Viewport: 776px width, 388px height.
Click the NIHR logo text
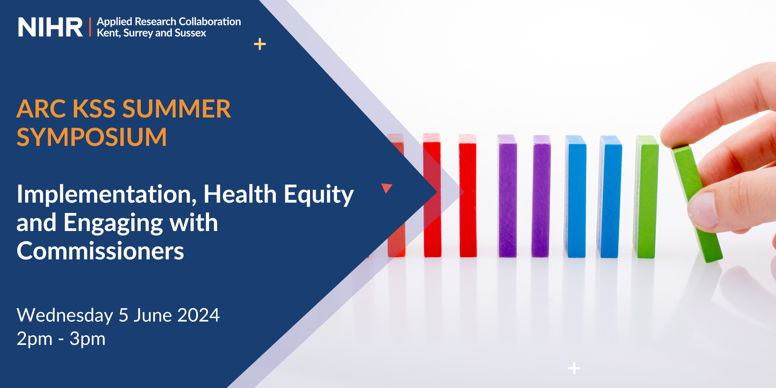click(x=50, y=27)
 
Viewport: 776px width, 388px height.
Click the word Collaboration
click(x=210, y=22)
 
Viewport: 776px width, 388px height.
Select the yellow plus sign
click(x=260, y=44)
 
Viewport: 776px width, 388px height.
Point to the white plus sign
click(x=574, y=368)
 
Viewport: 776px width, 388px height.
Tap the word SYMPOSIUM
click(x=92, y=137)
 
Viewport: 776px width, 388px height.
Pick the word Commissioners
click(x=100, y=251)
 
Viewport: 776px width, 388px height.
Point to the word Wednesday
click(x=65, y=315)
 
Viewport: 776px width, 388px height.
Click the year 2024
click(x=198, y=315)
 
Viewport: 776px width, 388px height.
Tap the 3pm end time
click(x=87, y=339)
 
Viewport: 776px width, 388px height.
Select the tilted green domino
click(x=697, y=203)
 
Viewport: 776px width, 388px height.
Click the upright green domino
click(x=646, y=197)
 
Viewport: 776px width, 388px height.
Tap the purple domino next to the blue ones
click(x=541, y=196)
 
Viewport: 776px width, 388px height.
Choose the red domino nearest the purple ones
click(x=468, y=196)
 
